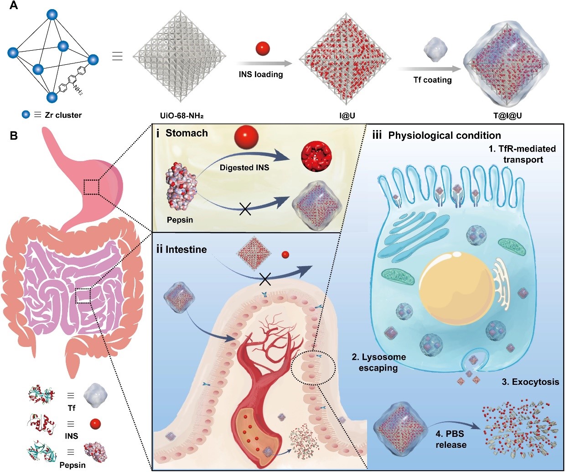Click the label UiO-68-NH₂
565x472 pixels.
(x=180, y=115)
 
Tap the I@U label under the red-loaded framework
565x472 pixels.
(x=347, y=115)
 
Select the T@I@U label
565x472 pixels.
(x=507, y=115)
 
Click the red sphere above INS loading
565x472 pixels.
(x=263, y=48)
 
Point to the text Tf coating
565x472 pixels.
(x=432, y=80)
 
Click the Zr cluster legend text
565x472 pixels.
(x=63, y=115)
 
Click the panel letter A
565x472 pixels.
(x=14, y=7)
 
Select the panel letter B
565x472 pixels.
(x=14, y=136)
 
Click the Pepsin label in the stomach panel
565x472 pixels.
(x=180, y=220)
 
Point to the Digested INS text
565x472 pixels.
(x=244, y=168)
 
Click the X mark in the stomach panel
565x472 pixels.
(x=245, y=209)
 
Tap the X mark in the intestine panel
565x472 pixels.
(x=265, y=279)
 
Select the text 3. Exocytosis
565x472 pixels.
(x=530, y=382)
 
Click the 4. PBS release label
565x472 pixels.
(x=451, y=439)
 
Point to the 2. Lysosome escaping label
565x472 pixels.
(x=378, y=362)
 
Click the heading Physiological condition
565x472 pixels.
(x=444, y=136)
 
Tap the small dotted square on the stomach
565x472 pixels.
(x=92, y=187)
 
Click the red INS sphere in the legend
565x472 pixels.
(x=95, y=424)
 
